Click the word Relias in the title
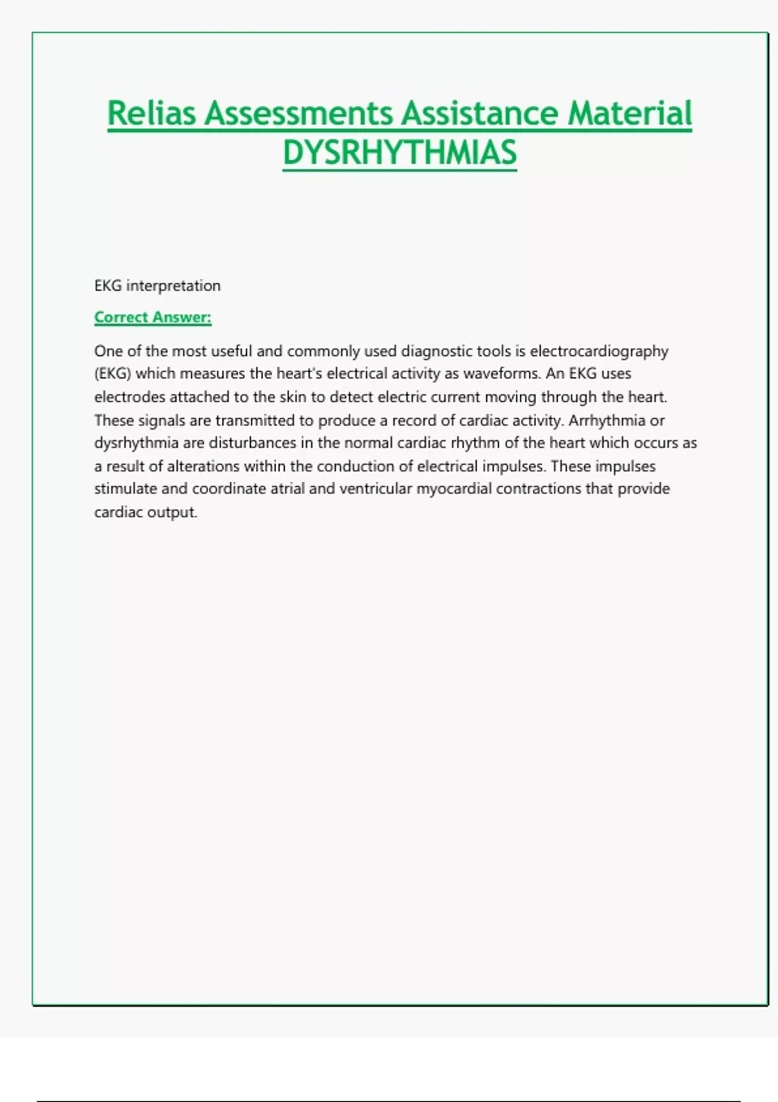tap(151, 113)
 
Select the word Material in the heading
tap(630, 113)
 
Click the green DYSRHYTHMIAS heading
tap(399, 153)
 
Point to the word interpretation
tap(173, 286)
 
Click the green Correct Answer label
tap(153, 318)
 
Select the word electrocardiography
tap(599, 351)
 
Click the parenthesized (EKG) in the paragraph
tap(113, 374)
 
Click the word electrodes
tap(130, 397)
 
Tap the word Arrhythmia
tap(607, 420)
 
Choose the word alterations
tap(203, 466)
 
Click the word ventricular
tap(375, 489)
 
